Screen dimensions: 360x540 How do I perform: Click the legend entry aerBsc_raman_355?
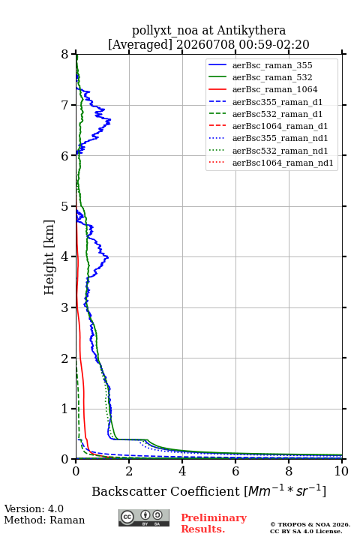(x=272, y=65)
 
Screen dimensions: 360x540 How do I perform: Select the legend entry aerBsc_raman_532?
(x=272, y=77)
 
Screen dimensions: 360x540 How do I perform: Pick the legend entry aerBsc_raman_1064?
(x=274, y=89)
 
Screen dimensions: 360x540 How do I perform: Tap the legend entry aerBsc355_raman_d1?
(x=277, y=102)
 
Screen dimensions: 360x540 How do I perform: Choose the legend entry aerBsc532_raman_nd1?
(x=280, y=151)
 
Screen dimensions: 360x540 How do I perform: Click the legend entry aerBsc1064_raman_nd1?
(x=283, y=163)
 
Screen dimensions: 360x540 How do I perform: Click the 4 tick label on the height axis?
(x=64, y=257)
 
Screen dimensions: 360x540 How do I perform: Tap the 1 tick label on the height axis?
(x=64, y=409)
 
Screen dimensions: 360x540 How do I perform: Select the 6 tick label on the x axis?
(x=235, y=471)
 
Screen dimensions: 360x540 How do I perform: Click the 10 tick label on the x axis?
(x=341, y=471)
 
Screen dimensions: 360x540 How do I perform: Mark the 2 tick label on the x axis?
(x=129, y=471)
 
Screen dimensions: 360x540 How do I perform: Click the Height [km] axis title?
(x=49, y=257)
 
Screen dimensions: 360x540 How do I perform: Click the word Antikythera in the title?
(x=251, y=31)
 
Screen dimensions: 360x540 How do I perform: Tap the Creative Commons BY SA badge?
(x=144, y=518)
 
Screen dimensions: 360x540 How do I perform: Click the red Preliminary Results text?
(x=214, y=523)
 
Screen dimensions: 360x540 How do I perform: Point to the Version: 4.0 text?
(x=34, y=509)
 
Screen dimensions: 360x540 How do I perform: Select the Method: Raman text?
(x=44, y=520)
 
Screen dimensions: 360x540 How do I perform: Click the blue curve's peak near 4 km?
(x=108, y=257)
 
